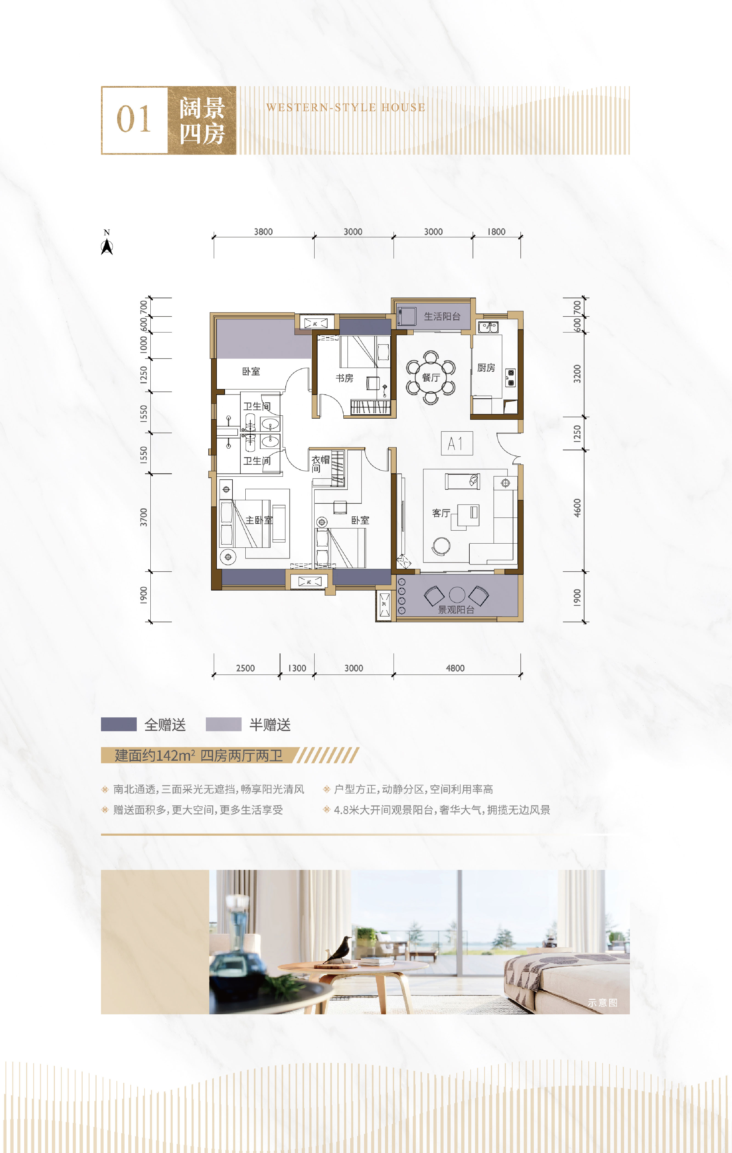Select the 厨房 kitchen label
point(486,368)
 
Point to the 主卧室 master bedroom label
point(259,520)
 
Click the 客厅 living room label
point(441,513)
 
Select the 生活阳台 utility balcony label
point(442,317)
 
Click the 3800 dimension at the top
point(263,232)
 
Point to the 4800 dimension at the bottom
point(455,668)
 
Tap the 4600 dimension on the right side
point(577,508)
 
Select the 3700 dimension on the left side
point(144,517)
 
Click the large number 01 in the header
point(134,120)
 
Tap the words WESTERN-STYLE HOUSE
point(346,108)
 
